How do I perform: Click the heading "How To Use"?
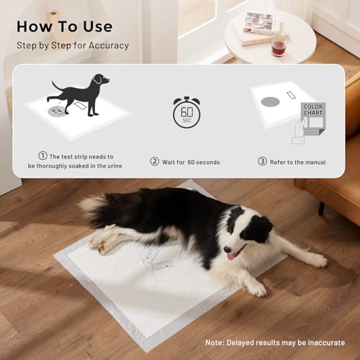pyautogui.click(x=64, y=27)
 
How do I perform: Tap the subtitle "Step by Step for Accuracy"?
pyautogui.click(x=73, y=45)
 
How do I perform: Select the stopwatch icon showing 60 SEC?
pyautogui.click(x=186, y=112)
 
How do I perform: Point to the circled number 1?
pyautogui.click(x=42, y=156)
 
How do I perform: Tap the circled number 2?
pyautogui.click(x=154, y=161)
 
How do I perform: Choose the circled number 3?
pyautogui.click(x=263, y=161)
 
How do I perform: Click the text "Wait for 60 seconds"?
pyautogui.click(x=192, y=161)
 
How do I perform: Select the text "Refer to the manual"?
pyautogui.click(x=297, y=161)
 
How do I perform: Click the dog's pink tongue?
pyautogui.click(x=232, y=256)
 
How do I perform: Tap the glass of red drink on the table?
pyautogui.click(x=278, y=45)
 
